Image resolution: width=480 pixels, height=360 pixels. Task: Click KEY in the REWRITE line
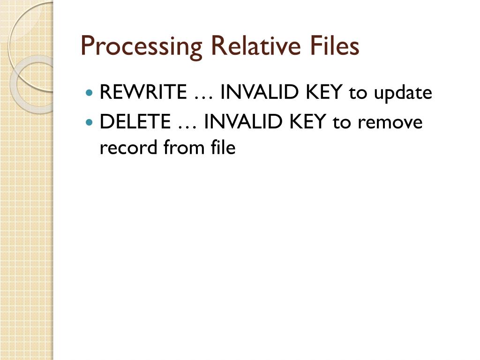pyautogui.click(x=324, y=93)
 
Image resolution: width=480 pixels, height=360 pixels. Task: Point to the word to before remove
pyautogui.click(x=341, y=123)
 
